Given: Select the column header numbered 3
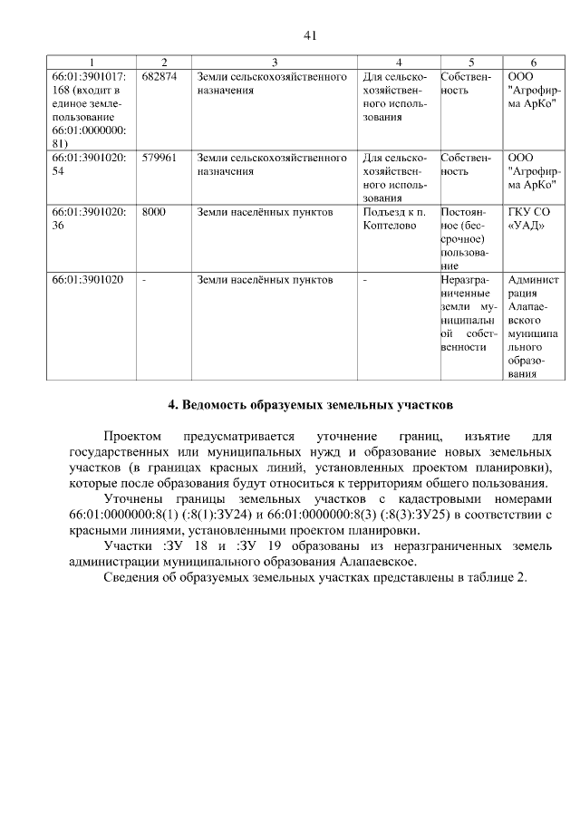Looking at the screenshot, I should pos(274,62).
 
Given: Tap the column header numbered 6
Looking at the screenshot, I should pos(533,62).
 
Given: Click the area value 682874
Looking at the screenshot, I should pos(159,77).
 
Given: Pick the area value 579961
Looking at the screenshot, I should pos(159,158).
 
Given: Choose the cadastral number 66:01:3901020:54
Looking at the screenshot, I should pos(89,164).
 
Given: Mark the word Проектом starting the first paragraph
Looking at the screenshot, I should pos(131,437).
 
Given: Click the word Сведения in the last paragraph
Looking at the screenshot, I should pos(135,578).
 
